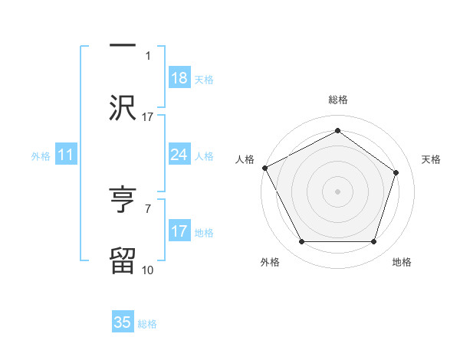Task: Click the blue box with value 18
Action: click(179, 78)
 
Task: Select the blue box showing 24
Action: click(179, 155)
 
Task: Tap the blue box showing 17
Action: click(179, 231)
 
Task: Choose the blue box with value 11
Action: click(66, 155)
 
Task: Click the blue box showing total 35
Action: click(123, 322)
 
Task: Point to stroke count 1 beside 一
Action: click(148, 56)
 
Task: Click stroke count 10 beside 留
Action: click(148, 270)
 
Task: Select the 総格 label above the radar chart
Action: click(337, 100)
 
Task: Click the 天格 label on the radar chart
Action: click(431, 159)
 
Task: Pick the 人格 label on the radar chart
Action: click(245, 159)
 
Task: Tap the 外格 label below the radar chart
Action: click(270, 262)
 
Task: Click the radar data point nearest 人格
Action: click(264, 168)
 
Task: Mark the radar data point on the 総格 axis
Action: click(337, 131)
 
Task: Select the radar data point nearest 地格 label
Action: click(373, 242)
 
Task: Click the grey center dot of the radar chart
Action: click(337, 191)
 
